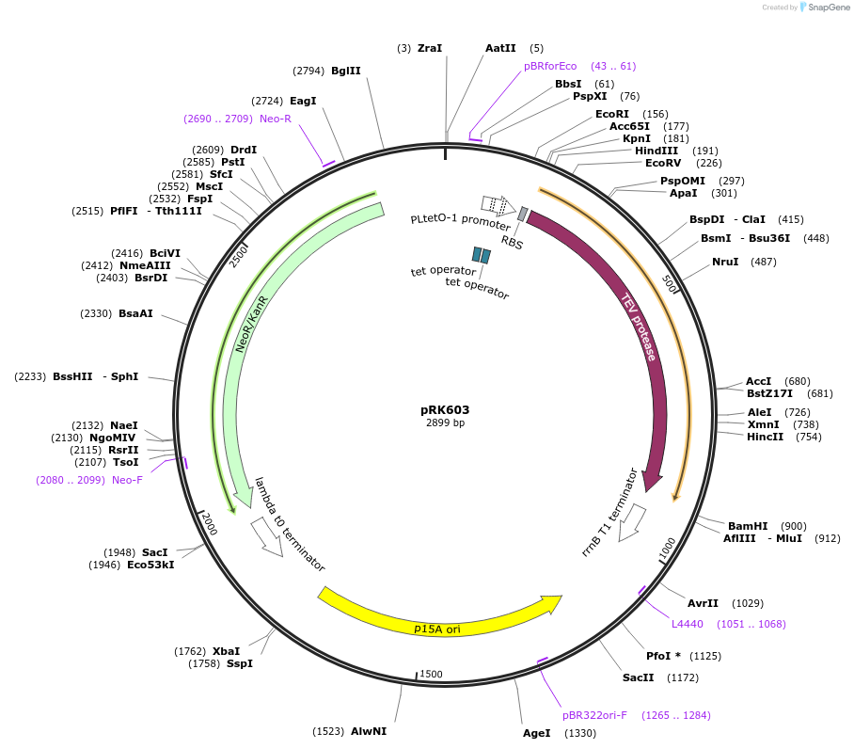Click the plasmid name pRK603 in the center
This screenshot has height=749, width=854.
click(445, 410)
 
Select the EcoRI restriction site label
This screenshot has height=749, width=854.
click(612, 114)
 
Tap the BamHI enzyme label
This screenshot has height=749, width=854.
click(748, 526)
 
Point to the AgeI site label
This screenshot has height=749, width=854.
click(536, 733)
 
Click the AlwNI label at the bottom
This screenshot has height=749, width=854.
click(369, 730)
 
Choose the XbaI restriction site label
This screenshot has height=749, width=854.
click(226, 651)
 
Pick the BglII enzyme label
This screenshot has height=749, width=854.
click(346, 71)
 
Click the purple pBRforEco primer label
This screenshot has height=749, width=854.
click(550, 66)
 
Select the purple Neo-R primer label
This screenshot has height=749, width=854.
click(276, 119)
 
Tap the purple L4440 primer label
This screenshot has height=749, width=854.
click(687, 624)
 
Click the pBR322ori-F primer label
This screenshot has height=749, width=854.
click(594, 715)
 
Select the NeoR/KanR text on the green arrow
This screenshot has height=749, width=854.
click(251, 325)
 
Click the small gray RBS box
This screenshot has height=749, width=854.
click(523, 215)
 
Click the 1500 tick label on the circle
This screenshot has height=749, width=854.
click(431, 674)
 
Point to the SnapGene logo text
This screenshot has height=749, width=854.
click(825, 8)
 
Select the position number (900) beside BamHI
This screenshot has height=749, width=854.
click(794, 526)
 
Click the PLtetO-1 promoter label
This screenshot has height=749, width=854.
click(460, 223)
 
